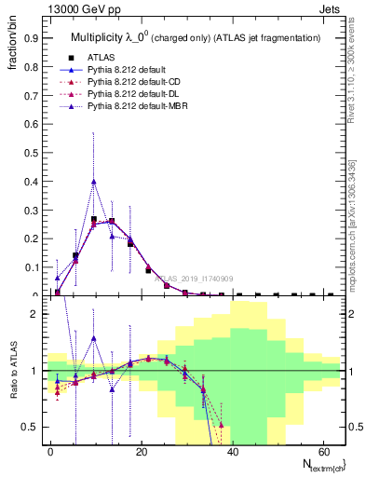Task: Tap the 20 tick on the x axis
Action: pos(141,450)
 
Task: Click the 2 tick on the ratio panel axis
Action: pos(36,314)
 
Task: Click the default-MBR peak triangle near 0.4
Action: pos(94,181)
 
